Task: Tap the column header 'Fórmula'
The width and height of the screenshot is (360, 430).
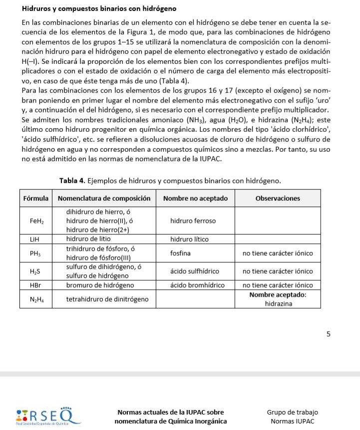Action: pos(36,198)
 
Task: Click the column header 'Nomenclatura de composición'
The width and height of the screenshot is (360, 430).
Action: pos(104,198)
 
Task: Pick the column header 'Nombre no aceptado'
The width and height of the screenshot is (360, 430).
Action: pos(195,198)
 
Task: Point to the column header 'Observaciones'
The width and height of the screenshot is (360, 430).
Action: pos(278,198)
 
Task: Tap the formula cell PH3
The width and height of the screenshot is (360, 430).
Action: pos(34,253)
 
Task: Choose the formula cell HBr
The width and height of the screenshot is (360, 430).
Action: pos(34,285)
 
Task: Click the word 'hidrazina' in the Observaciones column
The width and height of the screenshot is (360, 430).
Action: pos(278,303)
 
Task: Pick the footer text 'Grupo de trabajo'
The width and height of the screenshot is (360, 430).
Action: pos(292,412)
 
